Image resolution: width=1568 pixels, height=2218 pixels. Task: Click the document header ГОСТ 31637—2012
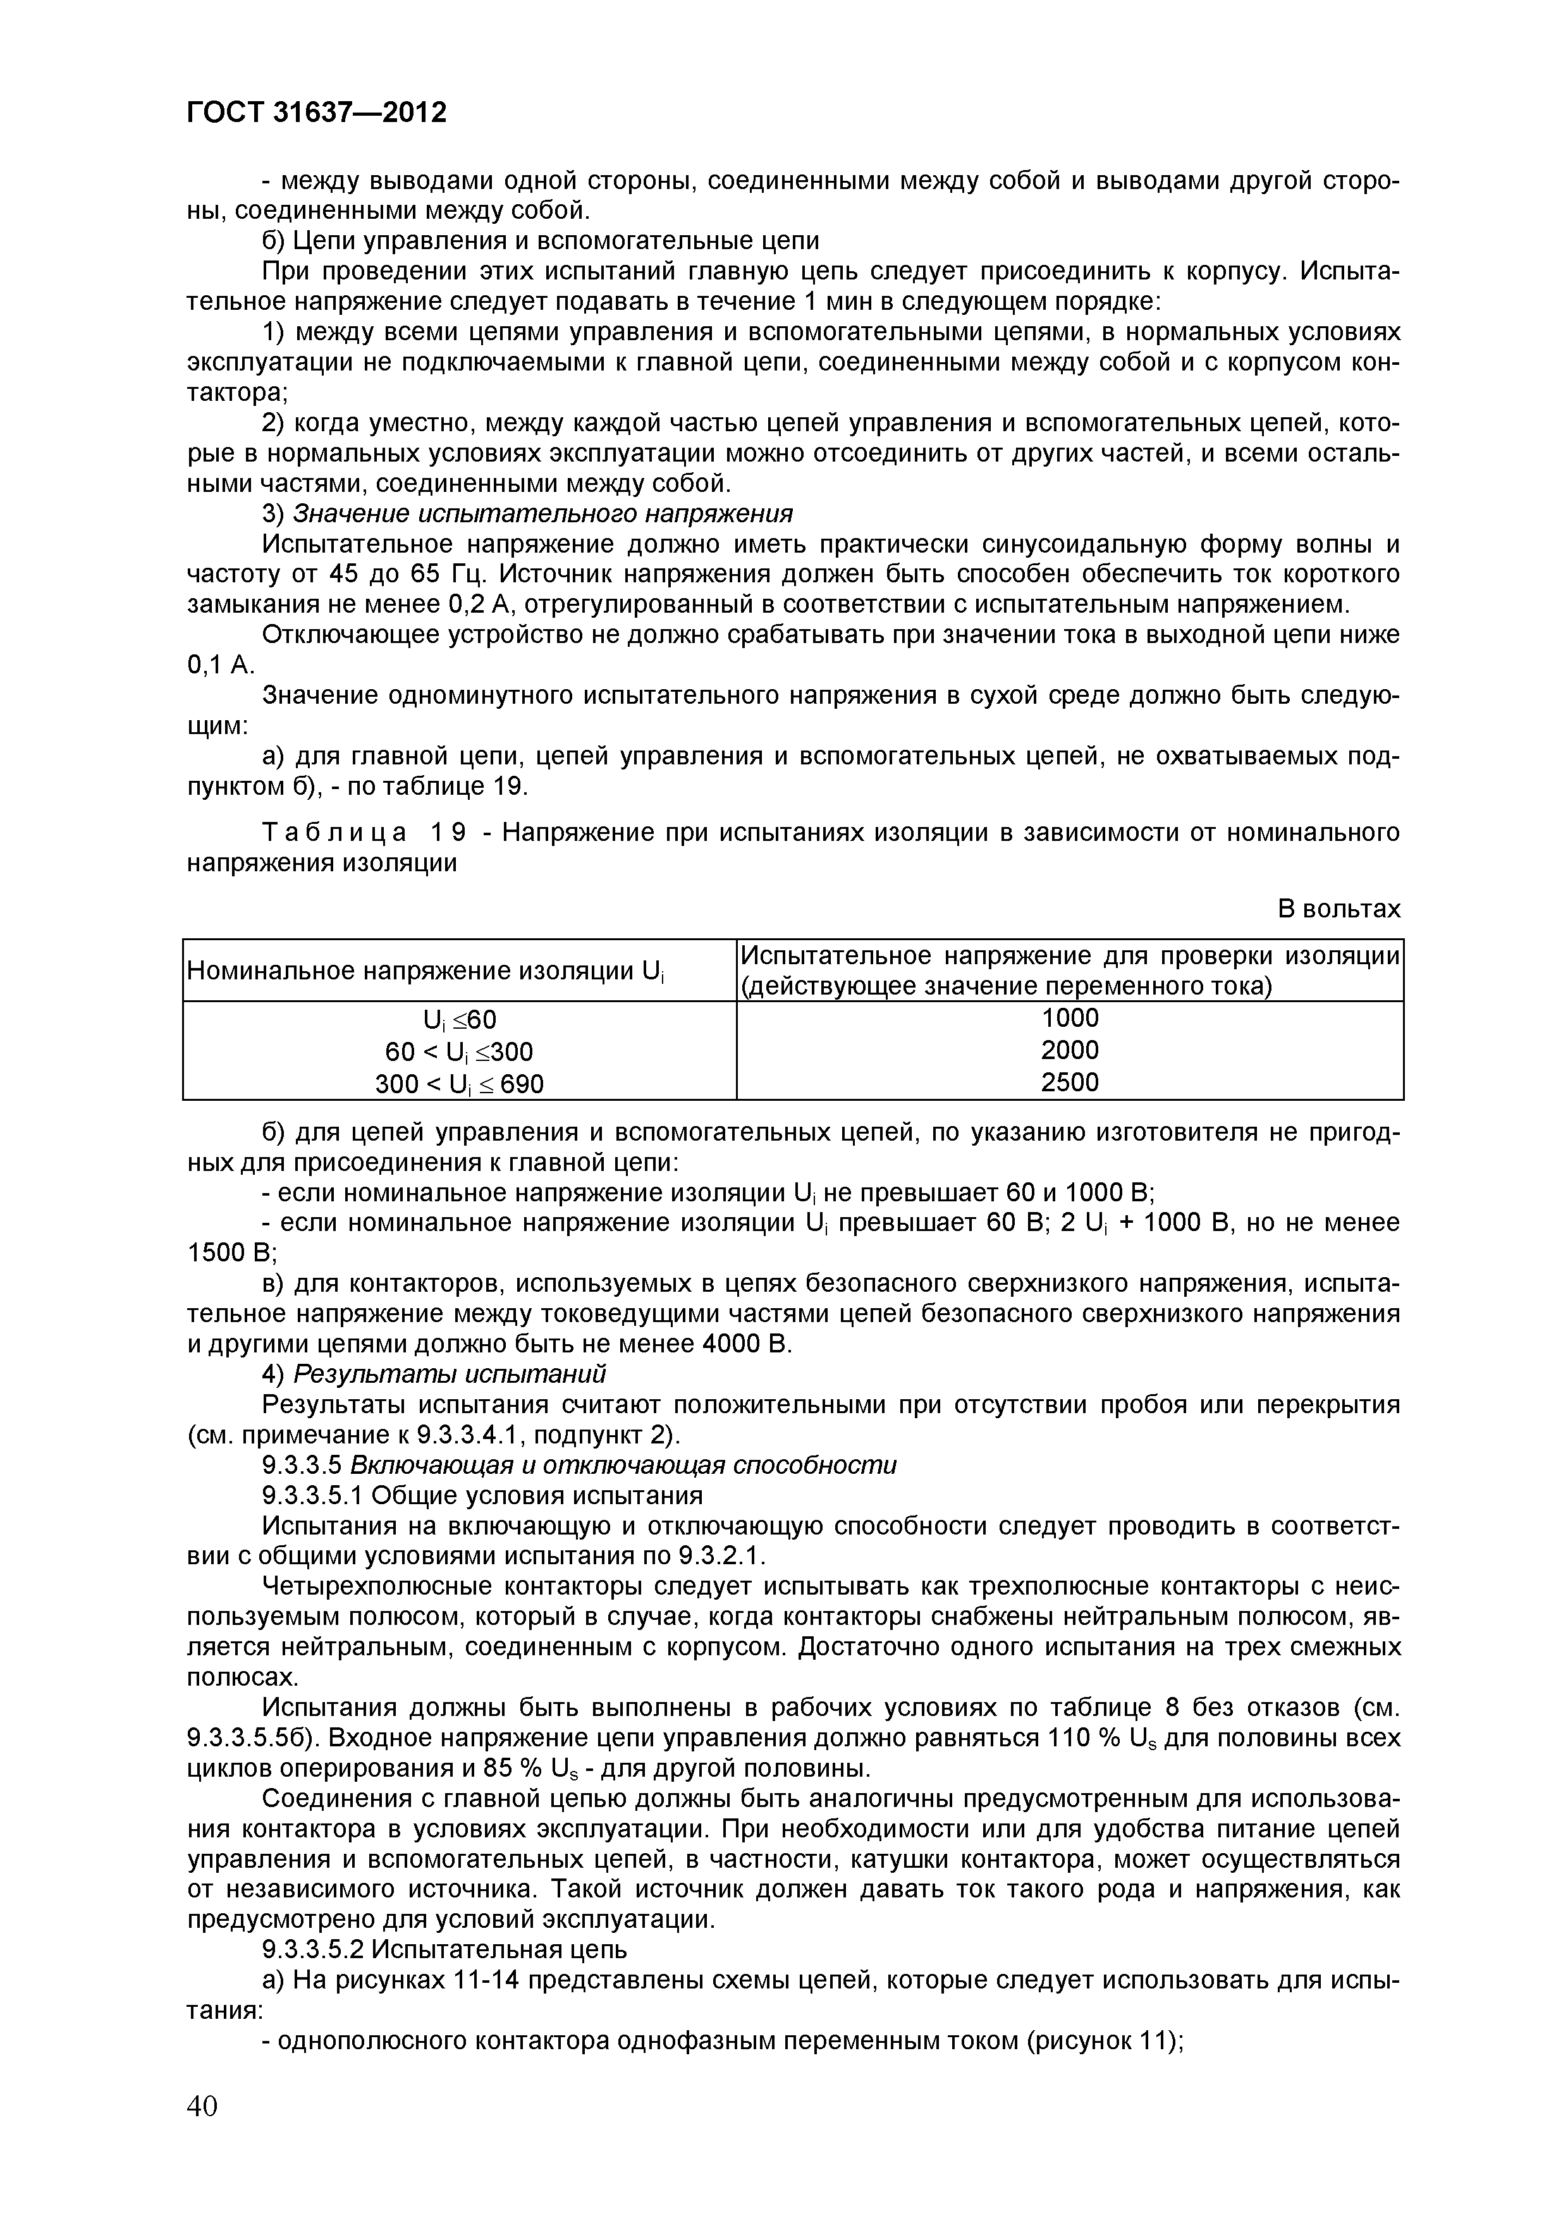(x=316, y=113)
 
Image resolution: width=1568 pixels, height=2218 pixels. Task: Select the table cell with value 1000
(x=1070, y=1018)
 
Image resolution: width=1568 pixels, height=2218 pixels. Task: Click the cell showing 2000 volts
(x=1070, y=1050)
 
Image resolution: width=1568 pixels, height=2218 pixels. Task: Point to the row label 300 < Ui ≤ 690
(x=459, y=1084)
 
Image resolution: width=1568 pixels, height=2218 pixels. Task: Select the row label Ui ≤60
(x=459, y=1020)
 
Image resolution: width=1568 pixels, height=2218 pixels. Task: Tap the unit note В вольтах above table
(x=1338, y=909)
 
